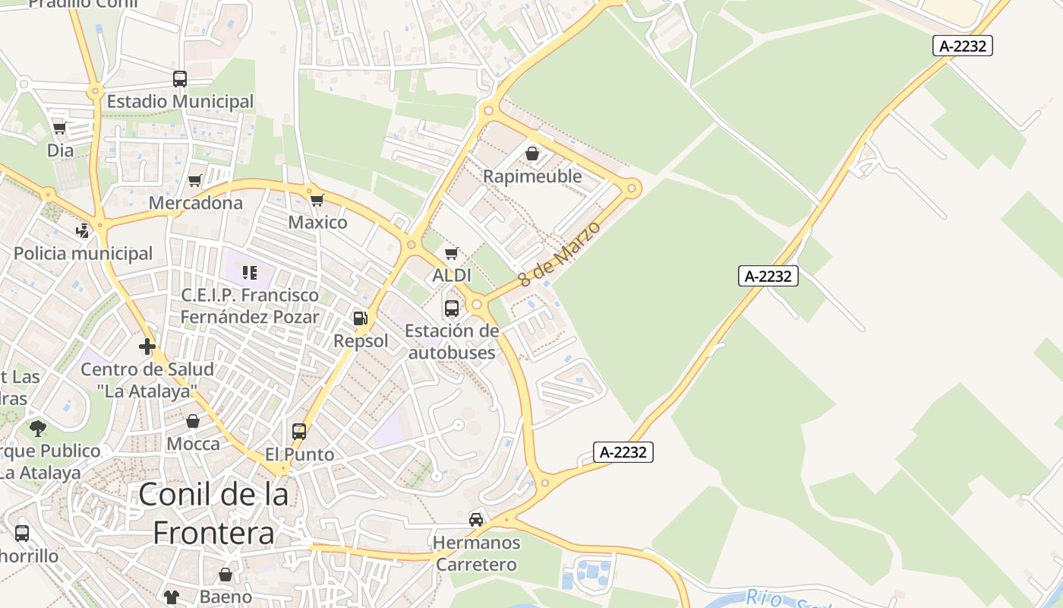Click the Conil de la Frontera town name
pos(213,514)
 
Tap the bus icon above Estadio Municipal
pos(180,78)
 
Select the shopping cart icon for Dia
pos(60,128)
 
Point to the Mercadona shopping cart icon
pos(195,180)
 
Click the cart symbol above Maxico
pos(317,200)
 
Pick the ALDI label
pos(452,275)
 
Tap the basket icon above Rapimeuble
pos(532,154)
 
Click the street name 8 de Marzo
pos(559,254)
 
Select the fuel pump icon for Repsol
pos(361,318)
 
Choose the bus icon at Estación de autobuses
pos(452,308)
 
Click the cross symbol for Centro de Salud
pos(147,347)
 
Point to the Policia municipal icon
pos(83,230)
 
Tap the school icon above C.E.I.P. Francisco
pos(250,272)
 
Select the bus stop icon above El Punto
pos(299,432)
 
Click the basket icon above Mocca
pos(193,421)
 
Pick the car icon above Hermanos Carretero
pos(476,520)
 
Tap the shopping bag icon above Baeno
pos(226,575)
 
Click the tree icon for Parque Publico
pos(38,428)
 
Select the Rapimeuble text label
pos(532,176)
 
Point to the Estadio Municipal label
pos(180,101)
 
